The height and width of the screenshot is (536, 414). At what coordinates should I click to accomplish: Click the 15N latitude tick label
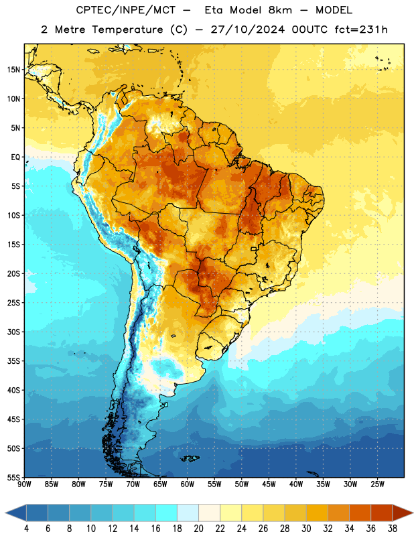click(x=13, y=70)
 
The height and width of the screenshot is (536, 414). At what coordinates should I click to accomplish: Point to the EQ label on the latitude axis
click(x=15, y=157)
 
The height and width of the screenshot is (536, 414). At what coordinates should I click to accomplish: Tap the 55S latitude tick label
click(x=13, y=477)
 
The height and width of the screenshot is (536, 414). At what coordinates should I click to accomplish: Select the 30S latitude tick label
click(x=13, y=332)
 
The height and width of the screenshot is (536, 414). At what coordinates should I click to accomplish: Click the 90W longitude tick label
click(x=25, y=484)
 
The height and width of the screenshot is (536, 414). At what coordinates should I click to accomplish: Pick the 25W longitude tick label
click(x=377, y=484)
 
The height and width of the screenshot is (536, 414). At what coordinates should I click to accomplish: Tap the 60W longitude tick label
click(x=188, y=484)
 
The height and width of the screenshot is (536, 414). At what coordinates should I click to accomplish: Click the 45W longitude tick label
click(x=269, y=484)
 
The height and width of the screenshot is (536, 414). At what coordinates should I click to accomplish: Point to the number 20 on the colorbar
click(x=198, y=529)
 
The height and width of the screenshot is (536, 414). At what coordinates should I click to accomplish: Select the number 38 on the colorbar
click(x=393, y=529)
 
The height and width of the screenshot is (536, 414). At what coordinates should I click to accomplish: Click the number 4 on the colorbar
click(x=26, y=529)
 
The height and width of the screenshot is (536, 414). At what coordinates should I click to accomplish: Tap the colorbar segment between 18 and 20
click(x=188, y=513)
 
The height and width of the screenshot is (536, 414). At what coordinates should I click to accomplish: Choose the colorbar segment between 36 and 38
click(x=382, y=513)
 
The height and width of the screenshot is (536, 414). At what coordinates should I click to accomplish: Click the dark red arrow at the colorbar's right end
click(x=401, y=513)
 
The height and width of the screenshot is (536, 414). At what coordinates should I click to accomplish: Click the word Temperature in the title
click(x=127, y=29)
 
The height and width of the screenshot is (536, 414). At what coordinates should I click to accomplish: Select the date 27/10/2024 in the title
click(x=247, y=29)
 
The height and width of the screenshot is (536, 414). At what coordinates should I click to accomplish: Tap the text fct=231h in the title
click(x=361, y=29)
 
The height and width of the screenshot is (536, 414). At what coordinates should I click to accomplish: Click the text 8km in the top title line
click(x=280, y=10)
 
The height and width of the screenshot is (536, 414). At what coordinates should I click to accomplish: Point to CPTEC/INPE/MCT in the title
click(x=125, y=10)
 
